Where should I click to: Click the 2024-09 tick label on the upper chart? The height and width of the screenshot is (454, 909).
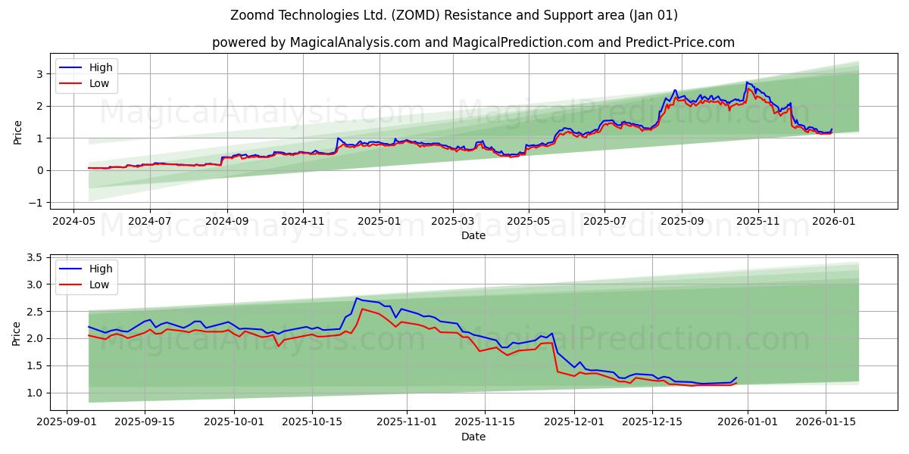point(226,221)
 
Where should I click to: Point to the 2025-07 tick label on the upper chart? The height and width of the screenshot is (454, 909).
point(604,221)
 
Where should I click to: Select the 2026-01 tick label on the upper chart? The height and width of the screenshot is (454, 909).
point(833,221)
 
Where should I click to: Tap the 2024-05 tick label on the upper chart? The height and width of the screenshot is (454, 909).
point(73,221)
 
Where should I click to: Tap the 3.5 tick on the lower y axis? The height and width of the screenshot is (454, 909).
point(34,257)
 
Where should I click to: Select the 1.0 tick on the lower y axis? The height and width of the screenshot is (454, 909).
point(34,393)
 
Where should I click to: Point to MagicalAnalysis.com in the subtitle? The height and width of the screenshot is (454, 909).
point(355,42)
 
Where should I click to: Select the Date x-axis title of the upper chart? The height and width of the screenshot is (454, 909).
point(473,235)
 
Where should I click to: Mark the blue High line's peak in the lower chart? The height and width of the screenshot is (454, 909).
point(357,298)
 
